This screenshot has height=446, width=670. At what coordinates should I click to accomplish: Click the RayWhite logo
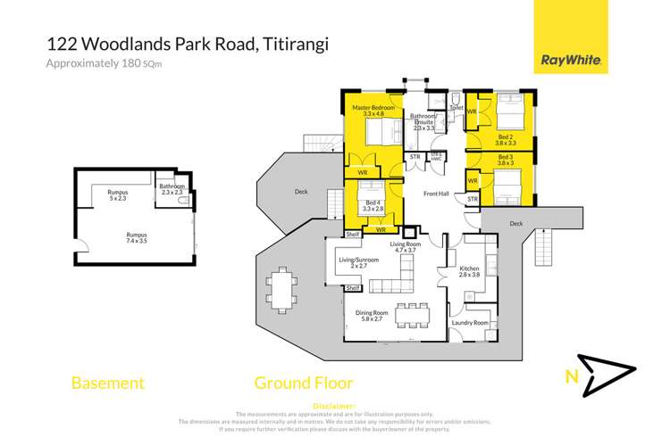(571, 61)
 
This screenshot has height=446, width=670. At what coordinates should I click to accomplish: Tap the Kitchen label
(470, 272)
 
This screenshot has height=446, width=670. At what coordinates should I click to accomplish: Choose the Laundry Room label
(470, 322)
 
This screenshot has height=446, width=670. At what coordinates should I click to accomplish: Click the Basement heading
(107, 384)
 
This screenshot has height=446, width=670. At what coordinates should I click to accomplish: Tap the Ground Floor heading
(304, 384)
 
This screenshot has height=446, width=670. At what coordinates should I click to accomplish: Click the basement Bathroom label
(172, 188)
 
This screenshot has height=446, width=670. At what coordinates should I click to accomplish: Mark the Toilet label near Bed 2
(456, 107)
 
